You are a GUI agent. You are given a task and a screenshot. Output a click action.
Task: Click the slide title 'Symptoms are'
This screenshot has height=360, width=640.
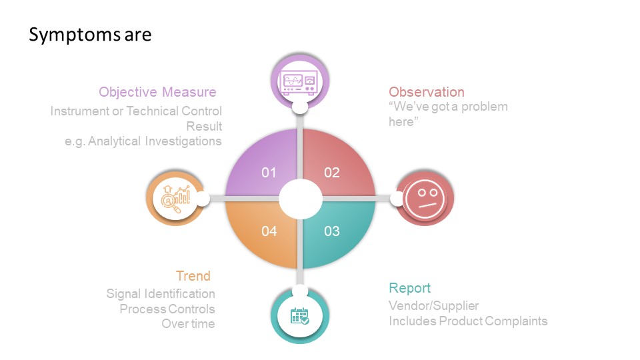pos(90,35)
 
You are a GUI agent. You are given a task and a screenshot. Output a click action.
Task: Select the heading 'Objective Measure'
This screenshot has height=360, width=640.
pos(157,92)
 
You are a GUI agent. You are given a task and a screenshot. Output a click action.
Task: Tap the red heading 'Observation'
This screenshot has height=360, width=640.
pos(427,92)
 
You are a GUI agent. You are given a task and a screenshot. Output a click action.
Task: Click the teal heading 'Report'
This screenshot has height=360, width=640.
pos(409,288)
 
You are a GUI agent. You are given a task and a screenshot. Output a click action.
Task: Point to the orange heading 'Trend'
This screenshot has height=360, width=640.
pos(193,276)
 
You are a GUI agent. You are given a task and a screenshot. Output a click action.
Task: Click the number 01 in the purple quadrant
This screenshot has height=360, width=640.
pos(269,173)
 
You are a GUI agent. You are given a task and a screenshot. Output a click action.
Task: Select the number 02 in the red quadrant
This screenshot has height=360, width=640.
pos(332,173)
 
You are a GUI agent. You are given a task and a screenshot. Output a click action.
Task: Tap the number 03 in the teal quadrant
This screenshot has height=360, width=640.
pos(332,231)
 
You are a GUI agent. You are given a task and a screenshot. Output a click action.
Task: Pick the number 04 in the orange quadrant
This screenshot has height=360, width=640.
pos(269,231)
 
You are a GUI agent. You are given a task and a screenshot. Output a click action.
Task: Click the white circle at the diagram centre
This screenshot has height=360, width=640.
pos(301,199)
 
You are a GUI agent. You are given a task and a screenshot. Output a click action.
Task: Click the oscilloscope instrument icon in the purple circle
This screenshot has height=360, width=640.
pos(299,83)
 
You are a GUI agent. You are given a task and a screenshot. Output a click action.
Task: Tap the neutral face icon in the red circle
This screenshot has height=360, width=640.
pos(425,199)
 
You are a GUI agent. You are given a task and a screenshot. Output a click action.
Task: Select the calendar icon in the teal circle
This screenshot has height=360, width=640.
pos(299,316)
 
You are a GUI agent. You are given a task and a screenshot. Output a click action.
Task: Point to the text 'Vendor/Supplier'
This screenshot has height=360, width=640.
pos(433,306)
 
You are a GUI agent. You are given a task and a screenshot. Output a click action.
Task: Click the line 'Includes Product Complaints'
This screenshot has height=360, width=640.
pos(468,321)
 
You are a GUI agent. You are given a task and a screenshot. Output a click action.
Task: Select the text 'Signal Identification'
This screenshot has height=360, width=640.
pos(161,294)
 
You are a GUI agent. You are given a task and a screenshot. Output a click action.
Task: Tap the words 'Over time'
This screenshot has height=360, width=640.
pos(188,324)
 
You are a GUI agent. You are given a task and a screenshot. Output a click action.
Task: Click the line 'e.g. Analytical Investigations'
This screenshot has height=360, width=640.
pos(143,141)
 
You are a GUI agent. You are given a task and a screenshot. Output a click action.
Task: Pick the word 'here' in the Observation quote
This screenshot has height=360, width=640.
pos(401,122)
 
